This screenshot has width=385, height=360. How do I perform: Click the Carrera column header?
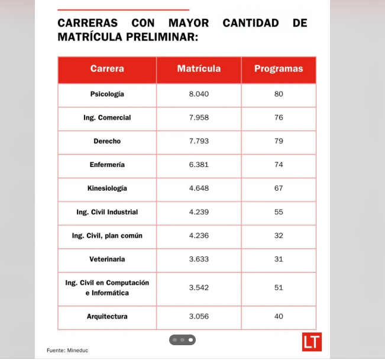tap(107, 69)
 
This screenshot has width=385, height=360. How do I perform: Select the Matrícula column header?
tap(199, 69)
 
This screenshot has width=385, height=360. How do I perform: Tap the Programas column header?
tap(279, 69)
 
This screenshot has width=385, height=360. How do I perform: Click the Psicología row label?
tap(107, 94)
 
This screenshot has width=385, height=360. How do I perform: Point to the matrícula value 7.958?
tap(199, 117)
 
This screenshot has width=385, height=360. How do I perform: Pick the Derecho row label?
tap(107, 141)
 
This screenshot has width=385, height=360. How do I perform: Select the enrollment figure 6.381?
tap(199, 165)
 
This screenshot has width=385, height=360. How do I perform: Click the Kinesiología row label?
tap(107, 188)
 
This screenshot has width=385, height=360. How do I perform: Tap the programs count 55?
tap(279, 212)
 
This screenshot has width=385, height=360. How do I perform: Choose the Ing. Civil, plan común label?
tap(107, 236)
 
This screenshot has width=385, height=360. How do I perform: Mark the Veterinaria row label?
tap(107, 259)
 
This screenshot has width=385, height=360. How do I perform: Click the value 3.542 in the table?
tap(199, 288)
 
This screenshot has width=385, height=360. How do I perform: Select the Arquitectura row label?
tap(107, 317)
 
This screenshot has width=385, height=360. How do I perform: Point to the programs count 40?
tap(279, 317)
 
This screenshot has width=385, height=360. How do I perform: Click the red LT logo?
tap(312, 342)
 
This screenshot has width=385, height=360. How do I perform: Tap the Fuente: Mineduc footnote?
tap(67, 351)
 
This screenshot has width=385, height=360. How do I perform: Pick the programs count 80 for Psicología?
tap(279, 94)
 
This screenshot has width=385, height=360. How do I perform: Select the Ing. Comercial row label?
tap(107, 117)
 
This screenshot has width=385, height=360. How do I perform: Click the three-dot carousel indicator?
tap(182, 340)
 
